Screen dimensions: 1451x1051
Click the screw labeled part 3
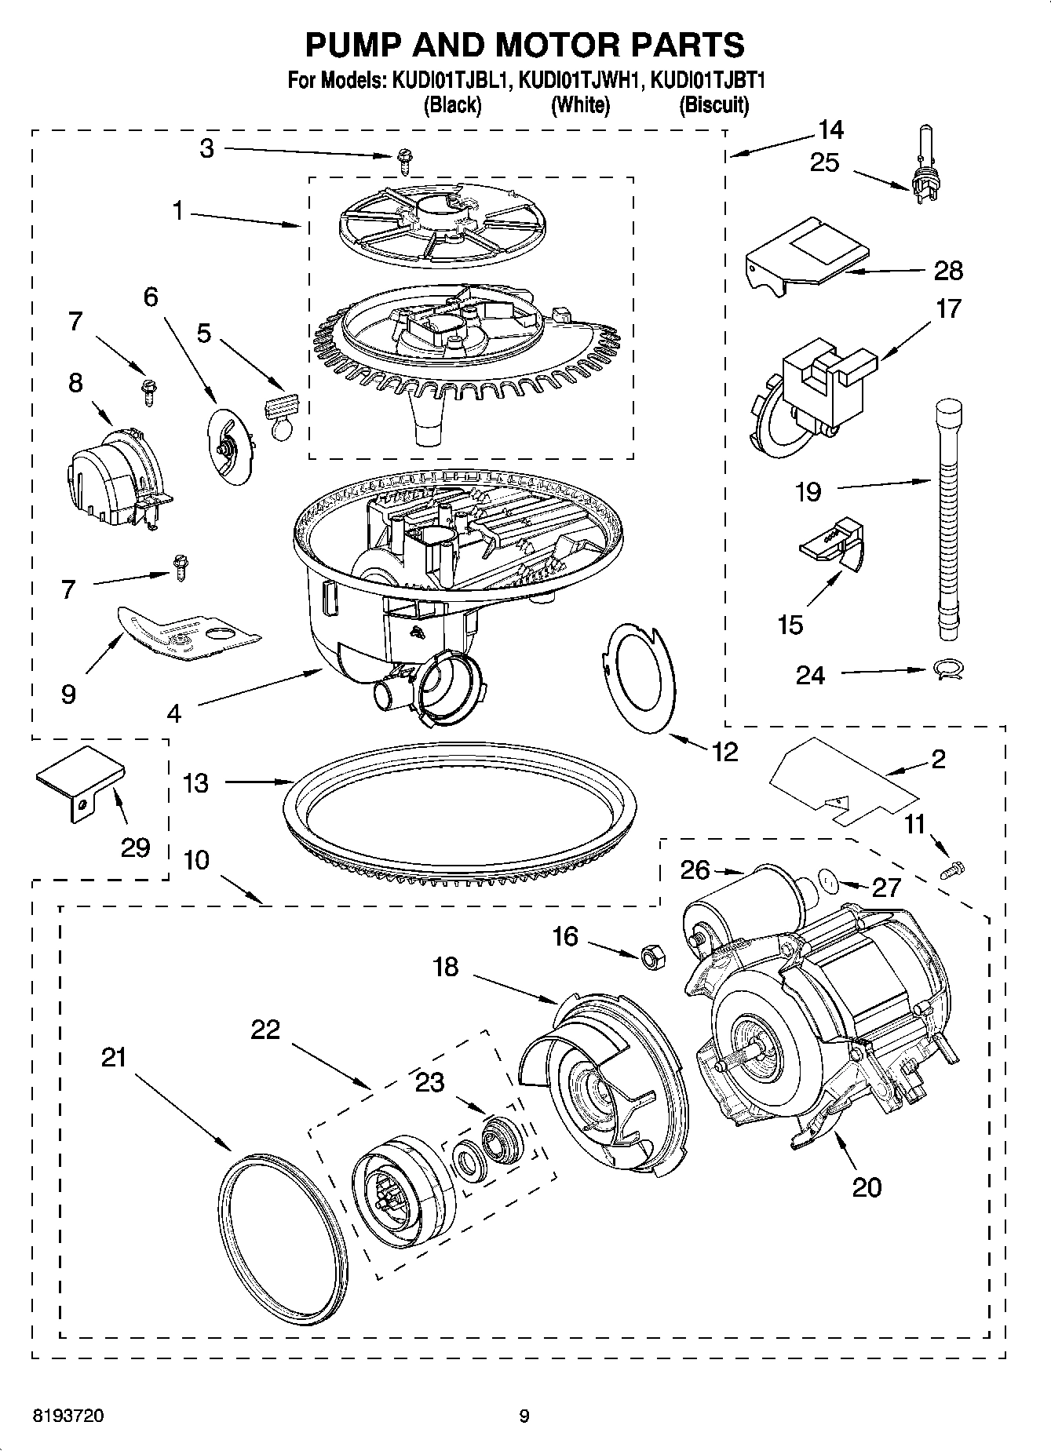pyautogui.click(x=405, y=162)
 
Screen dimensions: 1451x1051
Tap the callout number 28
pyautogui.click(x=948, y=271)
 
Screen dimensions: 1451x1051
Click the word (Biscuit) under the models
pyautogui.click(x=713, y=104)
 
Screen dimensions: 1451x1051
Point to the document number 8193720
pyautogui.click(x=68, y=1416)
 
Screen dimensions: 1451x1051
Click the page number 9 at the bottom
pyautogui.click(x=524, y=1416)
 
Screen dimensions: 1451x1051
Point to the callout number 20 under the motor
pyautogui.click(x=867, y=1187)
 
